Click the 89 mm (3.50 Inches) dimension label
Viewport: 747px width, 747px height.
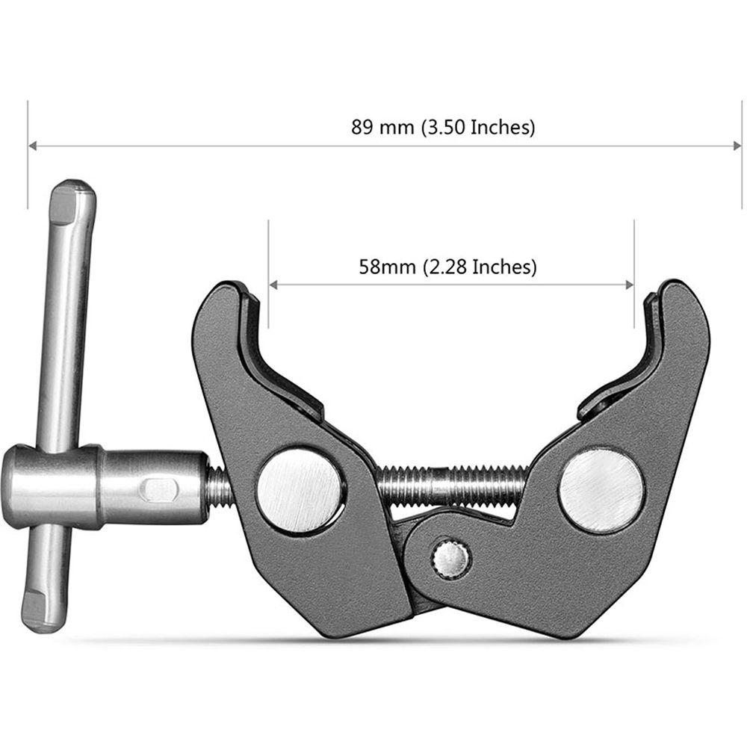443,127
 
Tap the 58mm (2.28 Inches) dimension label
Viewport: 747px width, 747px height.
447,266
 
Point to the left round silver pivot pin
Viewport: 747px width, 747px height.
300,490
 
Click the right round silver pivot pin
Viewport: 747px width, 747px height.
601,490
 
